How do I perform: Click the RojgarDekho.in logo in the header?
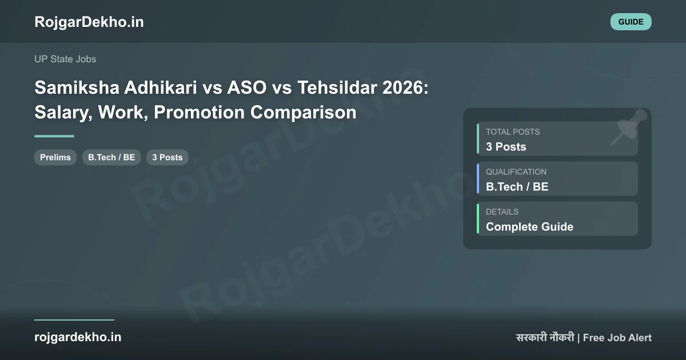pos(89,22)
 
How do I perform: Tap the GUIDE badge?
pos(631,22)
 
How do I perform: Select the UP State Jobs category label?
pos(65,59)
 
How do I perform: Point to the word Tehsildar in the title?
pos(337,87)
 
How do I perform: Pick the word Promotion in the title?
pos(199,112)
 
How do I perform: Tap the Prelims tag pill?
pos(55,157)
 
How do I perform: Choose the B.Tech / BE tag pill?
pos(111,157)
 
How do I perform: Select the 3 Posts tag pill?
pos(167,157)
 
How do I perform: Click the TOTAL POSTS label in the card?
pos(513,132)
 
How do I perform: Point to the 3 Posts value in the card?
pos(506,147)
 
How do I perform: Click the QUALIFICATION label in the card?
pos(516,172)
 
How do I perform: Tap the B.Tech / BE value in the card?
pos(517,187)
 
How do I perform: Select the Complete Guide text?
pos(529,227)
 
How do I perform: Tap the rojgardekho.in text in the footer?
pos(78,337)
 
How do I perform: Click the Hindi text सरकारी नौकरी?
pos(545,337)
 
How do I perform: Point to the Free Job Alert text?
pos(617,338)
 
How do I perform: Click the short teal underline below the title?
pos(54,136)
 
